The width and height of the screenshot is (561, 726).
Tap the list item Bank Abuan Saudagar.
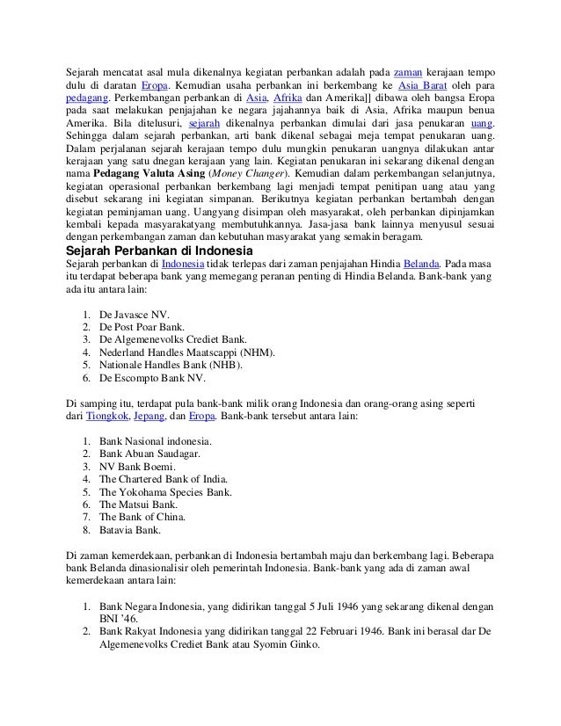(150, 454)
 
